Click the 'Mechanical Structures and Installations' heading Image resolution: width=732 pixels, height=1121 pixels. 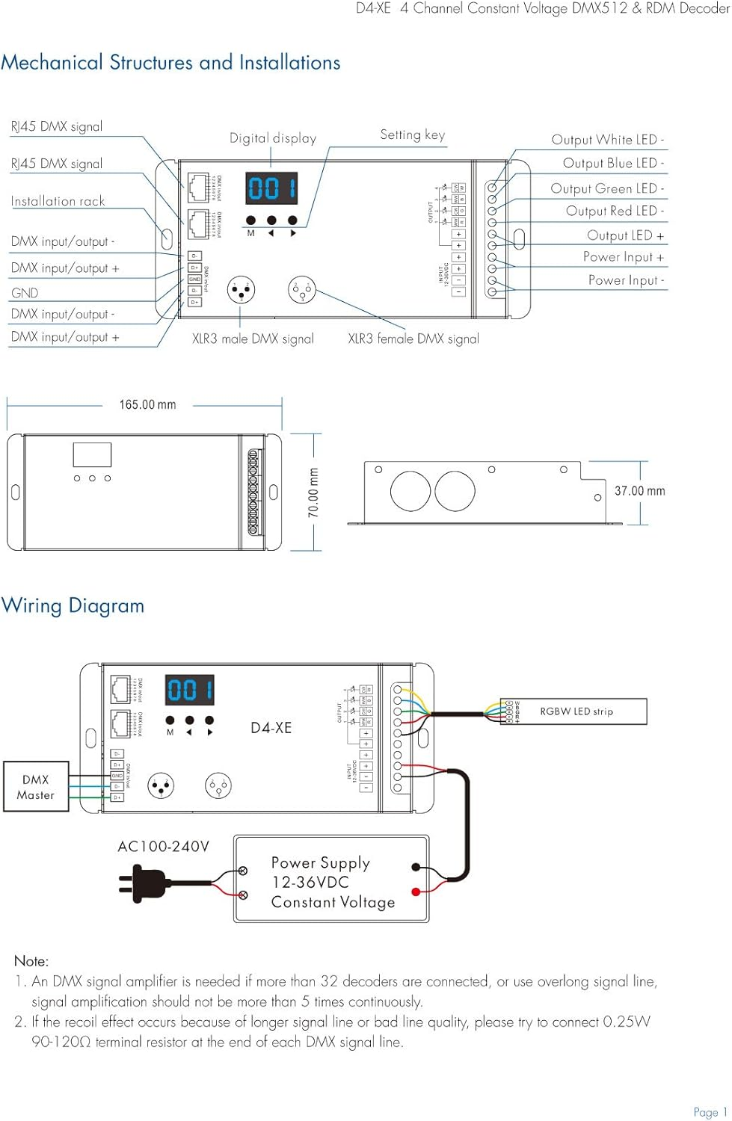pos(170,63)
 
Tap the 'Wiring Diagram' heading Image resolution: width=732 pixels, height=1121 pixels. pos(73,605)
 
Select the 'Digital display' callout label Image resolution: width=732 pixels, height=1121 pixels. pos(273,138)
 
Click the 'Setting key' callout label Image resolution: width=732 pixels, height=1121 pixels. pos(412,135)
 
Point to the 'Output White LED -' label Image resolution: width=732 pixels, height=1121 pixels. pos(607,140)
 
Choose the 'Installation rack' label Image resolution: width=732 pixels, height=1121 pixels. pos(58,201)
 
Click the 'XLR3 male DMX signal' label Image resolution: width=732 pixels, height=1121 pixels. pos(253,339)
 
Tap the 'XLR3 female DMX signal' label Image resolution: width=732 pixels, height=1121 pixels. pos(413,339)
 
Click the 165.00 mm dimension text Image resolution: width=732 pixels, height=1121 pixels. pos(147,405)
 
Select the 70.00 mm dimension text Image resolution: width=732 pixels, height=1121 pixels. pos(314,492)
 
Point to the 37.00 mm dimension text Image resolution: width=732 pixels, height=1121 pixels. pos(639,491)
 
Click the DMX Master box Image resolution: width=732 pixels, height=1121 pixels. pos(36,787)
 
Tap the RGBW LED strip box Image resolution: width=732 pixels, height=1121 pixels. pos(576,711)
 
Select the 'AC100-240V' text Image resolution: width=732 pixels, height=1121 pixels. pos(163,846)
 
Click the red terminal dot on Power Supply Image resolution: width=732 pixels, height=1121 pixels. pos(416,892)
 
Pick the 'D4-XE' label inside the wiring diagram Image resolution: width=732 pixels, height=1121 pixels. pos(271,728)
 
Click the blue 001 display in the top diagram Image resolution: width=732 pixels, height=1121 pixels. pos(271,188)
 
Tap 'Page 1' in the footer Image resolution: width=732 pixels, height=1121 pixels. pos(710,1112)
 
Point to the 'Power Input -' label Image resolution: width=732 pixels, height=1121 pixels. pos(626,280)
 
